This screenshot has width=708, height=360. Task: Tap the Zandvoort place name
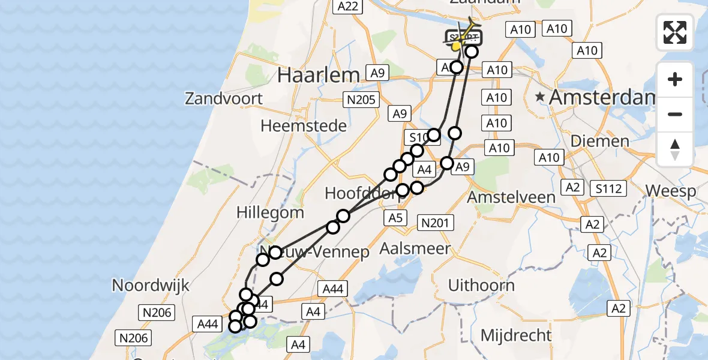[x=224, y=98]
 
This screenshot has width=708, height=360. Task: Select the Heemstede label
[x=304, y=126]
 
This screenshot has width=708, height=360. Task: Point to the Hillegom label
[x=270, y=212]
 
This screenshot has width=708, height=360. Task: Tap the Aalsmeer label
[x=415, y=248]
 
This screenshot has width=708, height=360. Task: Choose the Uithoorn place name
[x=481, y=285]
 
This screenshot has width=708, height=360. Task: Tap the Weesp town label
[x=670, y=191]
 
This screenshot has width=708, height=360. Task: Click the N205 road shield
[x=361, y=100]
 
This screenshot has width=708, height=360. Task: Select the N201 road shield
[x=435, y=223]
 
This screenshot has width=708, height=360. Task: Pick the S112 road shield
[x=608, y=189]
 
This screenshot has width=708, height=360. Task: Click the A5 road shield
[x=395, y=218]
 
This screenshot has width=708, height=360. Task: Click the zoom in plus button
[x=675, y=80]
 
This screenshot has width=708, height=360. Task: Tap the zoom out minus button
[x=675, y=114]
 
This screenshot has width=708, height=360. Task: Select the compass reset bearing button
[x=675, y=149]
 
